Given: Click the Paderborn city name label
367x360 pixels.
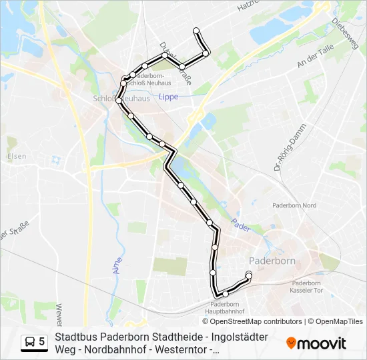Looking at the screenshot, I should (x=272, y=259).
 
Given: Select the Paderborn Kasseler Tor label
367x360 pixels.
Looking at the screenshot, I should (x=307, y=287).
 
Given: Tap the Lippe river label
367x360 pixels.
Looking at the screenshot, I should (x=168, y=97).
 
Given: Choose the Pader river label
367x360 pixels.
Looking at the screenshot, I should (x=240, y=226).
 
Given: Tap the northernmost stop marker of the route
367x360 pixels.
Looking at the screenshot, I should (x=196, y=30).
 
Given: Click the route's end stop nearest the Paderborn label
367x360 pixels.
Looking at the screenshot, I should (x=249, y=275).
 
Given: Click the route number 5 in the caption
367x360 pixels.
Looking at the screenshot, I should (x=42, y=342).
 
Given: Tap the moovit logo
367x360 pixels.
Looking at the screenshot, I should (x=316, y=343).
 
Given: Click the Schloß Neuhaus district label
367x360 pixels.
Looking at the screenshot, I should (x=124, y=98).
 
